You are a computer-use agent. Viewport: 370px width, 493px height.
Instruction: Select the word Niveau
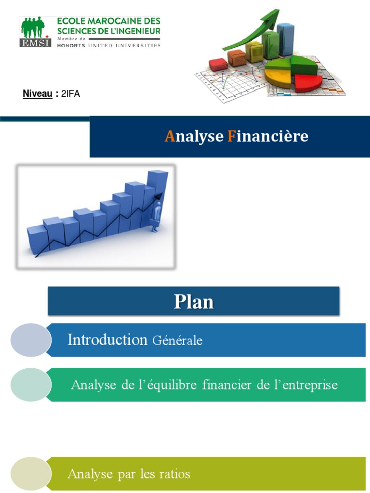38,94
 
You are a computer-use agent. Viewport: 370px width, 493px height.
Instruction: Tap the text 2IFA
71,94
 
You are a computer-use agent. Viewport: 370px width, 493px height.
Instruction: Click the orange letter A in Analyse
169,137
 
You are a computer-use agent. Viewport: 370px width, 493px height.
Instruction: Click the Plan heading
194,302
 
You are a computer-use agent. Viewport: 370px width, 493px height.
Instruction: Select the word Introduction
107,340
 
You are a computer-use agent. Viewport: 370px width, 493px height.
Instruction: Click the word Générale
177,341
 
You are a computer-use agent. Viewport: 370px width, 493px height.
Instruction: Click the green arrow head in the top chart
273,15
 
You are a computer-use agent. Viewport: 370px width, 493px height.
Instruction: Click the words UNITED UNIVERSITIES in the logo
131,45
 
